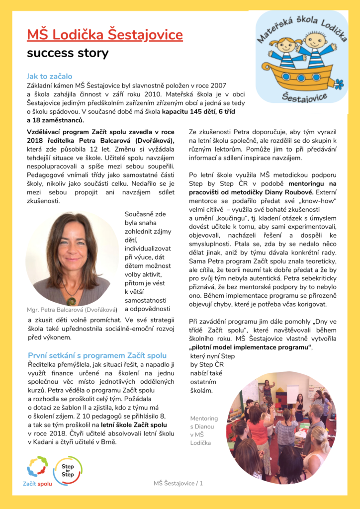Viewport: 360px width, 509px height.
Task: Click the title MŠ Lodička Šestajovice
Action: (105, 35)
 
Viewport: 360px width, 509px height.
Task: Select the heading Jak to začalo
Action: (49, 77)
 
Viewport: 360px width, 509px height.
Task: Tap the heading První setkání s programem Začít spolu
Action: (97, 355)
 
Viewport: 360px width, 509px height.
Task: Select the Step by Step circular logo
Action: (68, 470)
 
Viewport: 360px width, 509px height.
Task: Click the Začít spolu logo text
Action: (37, 483)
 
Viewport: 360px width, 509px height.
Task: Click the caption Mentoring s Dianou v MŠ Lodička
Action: (204, 430)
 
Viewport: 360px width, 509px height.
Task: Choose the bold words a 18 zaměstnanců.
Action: (56, 120)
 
